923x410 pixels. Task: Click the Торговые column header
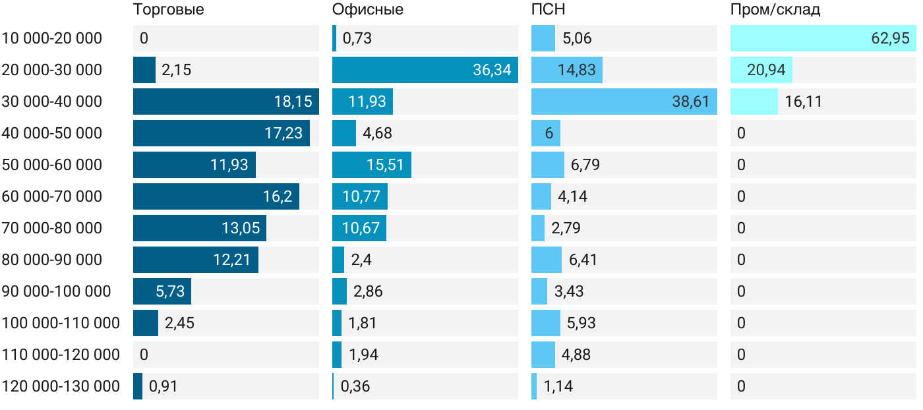tap(168, 10)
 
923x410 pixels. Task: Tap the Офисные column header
tap(367, 10)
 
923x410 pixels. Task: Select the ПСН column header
tap(548, 10)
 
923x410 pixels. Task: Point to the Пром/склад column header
tap(775, 10)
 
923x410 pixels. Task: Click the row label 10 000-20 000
tap(52, 38)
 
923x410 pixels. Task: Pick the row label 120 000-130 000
tap(61, 386)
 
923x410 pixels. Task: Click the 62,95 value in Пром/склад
tap(890, 38)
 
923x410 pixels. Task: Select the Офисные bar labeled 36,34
tap(425, 70)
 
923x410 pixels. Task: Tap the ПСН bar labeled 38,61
tap(624, 102)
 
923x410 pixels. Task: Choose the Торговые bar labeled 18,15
tap(225, 102)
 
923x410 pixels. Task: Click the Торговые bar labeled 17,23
tap(221, 133)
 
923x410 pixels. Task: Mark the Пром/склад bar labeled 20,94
tap(761, 70)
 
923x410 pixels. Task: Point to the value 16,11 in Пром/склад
tap(803, 102)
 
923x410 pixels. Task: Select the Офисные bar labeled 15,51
tap(371, 165)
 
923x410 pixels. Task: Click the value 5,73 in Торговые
tap(170, 291)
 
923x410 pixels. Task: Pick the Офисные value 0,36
tap(355, 386)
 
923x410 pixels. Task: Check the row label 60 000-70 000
tap(52, 196)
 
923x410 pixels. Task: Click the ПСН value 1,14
tap(558, 386)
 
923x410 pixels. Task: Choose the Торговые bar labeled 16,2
tap(216, 196)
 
